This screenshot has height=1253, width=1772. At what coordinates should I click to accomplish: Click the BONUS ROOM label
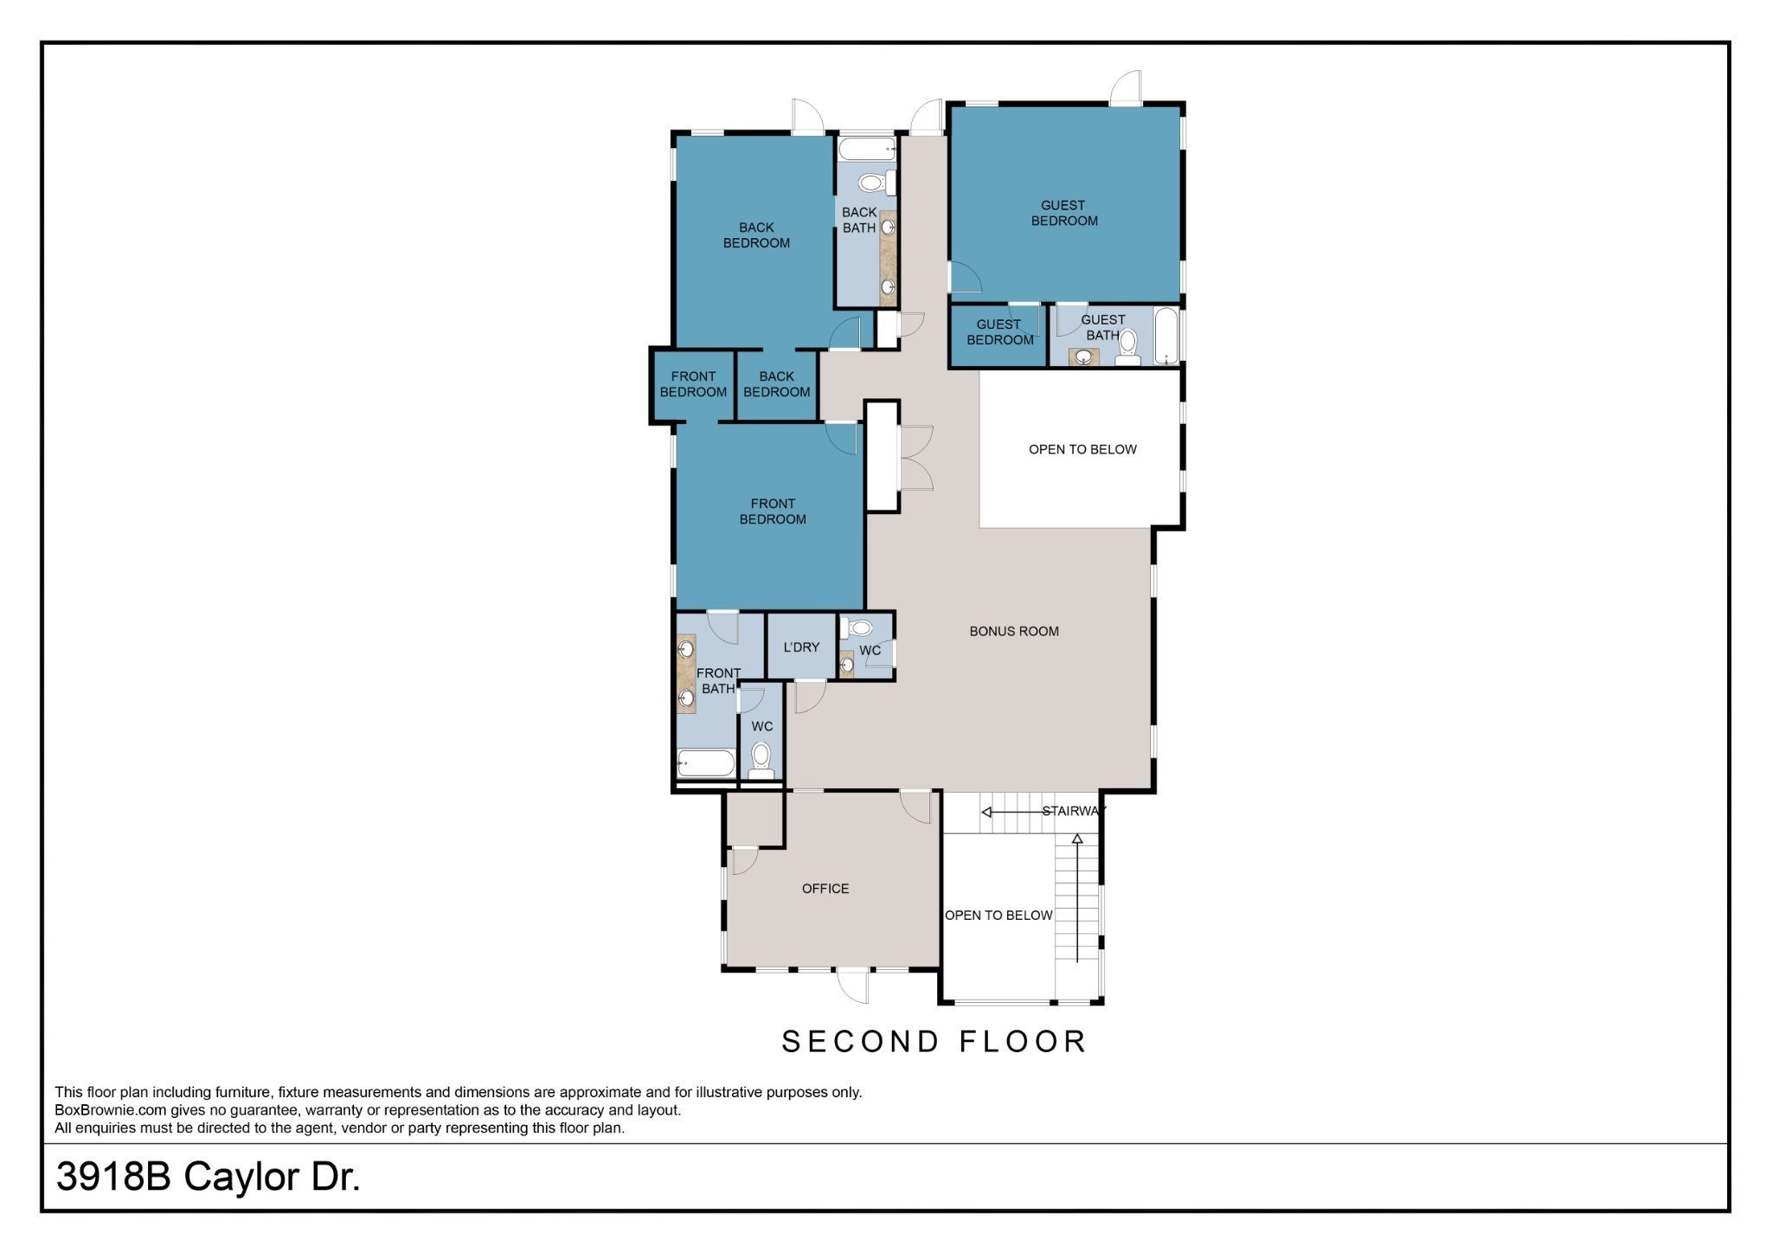tap(1014, 632)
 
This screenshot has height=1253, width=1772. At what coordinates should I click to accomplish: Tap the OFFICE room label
tap(825, 889)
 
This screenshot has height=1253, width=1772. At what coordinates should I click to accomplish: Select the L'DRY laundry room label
tap(801, 647)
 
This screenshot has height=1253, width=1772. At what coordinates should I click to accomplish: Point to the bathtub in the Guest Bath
tap(1167, 336)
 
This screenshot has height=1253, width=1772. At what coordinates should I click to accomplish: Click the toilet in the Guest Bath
tap(1127, 348)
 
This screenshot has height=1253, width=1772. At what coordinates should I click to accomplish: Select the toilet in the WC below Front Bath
tap(761, 760)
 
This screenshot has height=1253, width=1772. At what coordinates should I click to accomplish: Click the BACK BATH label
tap(859, 220)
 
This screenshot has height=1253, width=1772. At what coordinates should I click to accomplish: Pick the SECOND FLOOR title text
tap(934, 1042)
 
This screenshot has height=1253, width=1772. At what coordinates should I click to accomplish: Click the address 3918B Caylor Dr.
tap(208, 1177)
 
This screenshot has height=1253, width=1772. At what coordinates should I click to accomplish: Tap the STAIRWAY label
tap(1074, 812)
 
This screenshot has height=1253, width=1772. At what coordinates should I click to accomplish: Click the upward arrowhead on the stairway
tap(1077, 839)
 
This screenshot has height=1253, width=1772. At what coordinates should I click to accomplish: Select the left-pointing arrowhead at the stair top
tap(986, 813)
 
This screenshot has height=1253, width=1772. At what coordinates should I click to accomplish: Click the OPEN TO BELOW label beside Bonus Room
tap(1082, 450)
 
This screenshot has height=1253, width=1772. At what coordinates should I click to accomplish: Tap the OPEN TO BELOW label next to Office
tap(998, 916)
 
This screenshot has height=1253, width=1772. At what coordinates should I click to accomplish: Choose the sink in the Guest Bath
tap(1083, 356)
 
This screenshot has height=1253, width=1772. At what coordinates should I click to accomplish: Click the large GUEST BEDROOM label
tap(1063, 213)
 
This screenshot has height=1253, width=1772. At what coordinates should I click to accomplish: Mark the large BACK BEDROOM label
tap(756, 235)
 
